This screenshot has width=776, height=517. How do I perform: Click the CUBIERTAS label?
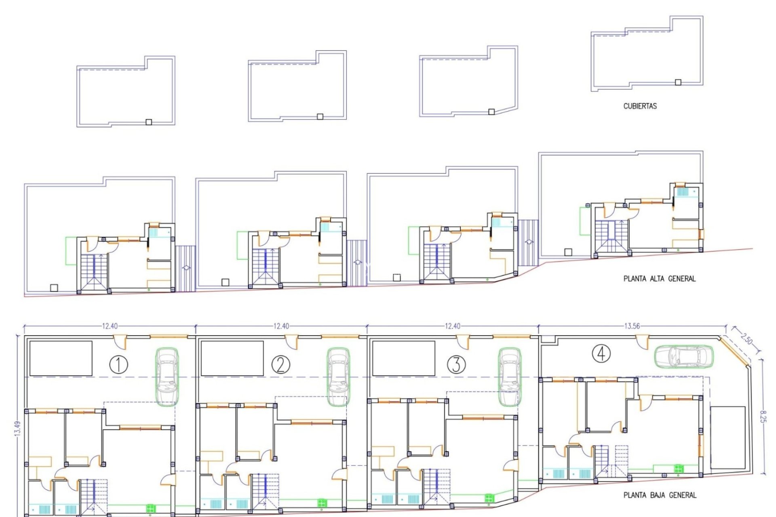point(640,106)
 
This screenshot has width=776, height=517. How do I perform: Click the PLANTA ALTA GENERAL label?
point(660,278)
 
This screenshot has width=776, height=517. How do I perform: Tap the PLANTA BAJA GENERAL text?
point(660,495)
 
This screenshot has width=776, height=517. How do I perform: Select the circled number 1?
point(119,365)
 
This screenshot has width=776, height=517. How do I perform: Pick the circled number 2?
point(281,365)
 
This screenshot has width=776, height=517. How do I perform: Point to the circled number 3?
point(456,365)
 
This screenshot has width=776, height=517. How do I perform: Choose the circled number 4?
point(601,354)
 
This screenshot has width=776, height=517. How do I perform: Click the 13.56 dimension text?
point(632,326)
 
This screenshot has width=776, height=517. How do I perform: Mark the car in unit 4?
point(684,357)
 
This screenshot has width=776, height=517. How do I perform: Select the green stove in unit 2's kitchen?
point(323,503)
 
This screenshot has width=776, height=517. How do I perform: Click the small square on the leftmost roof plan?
point(148,122)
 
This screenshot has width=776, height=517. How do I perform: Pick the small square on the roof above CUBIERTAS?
point(678,82)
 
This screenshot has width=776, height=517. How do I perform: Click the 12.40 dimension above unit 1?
point(110,326)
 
